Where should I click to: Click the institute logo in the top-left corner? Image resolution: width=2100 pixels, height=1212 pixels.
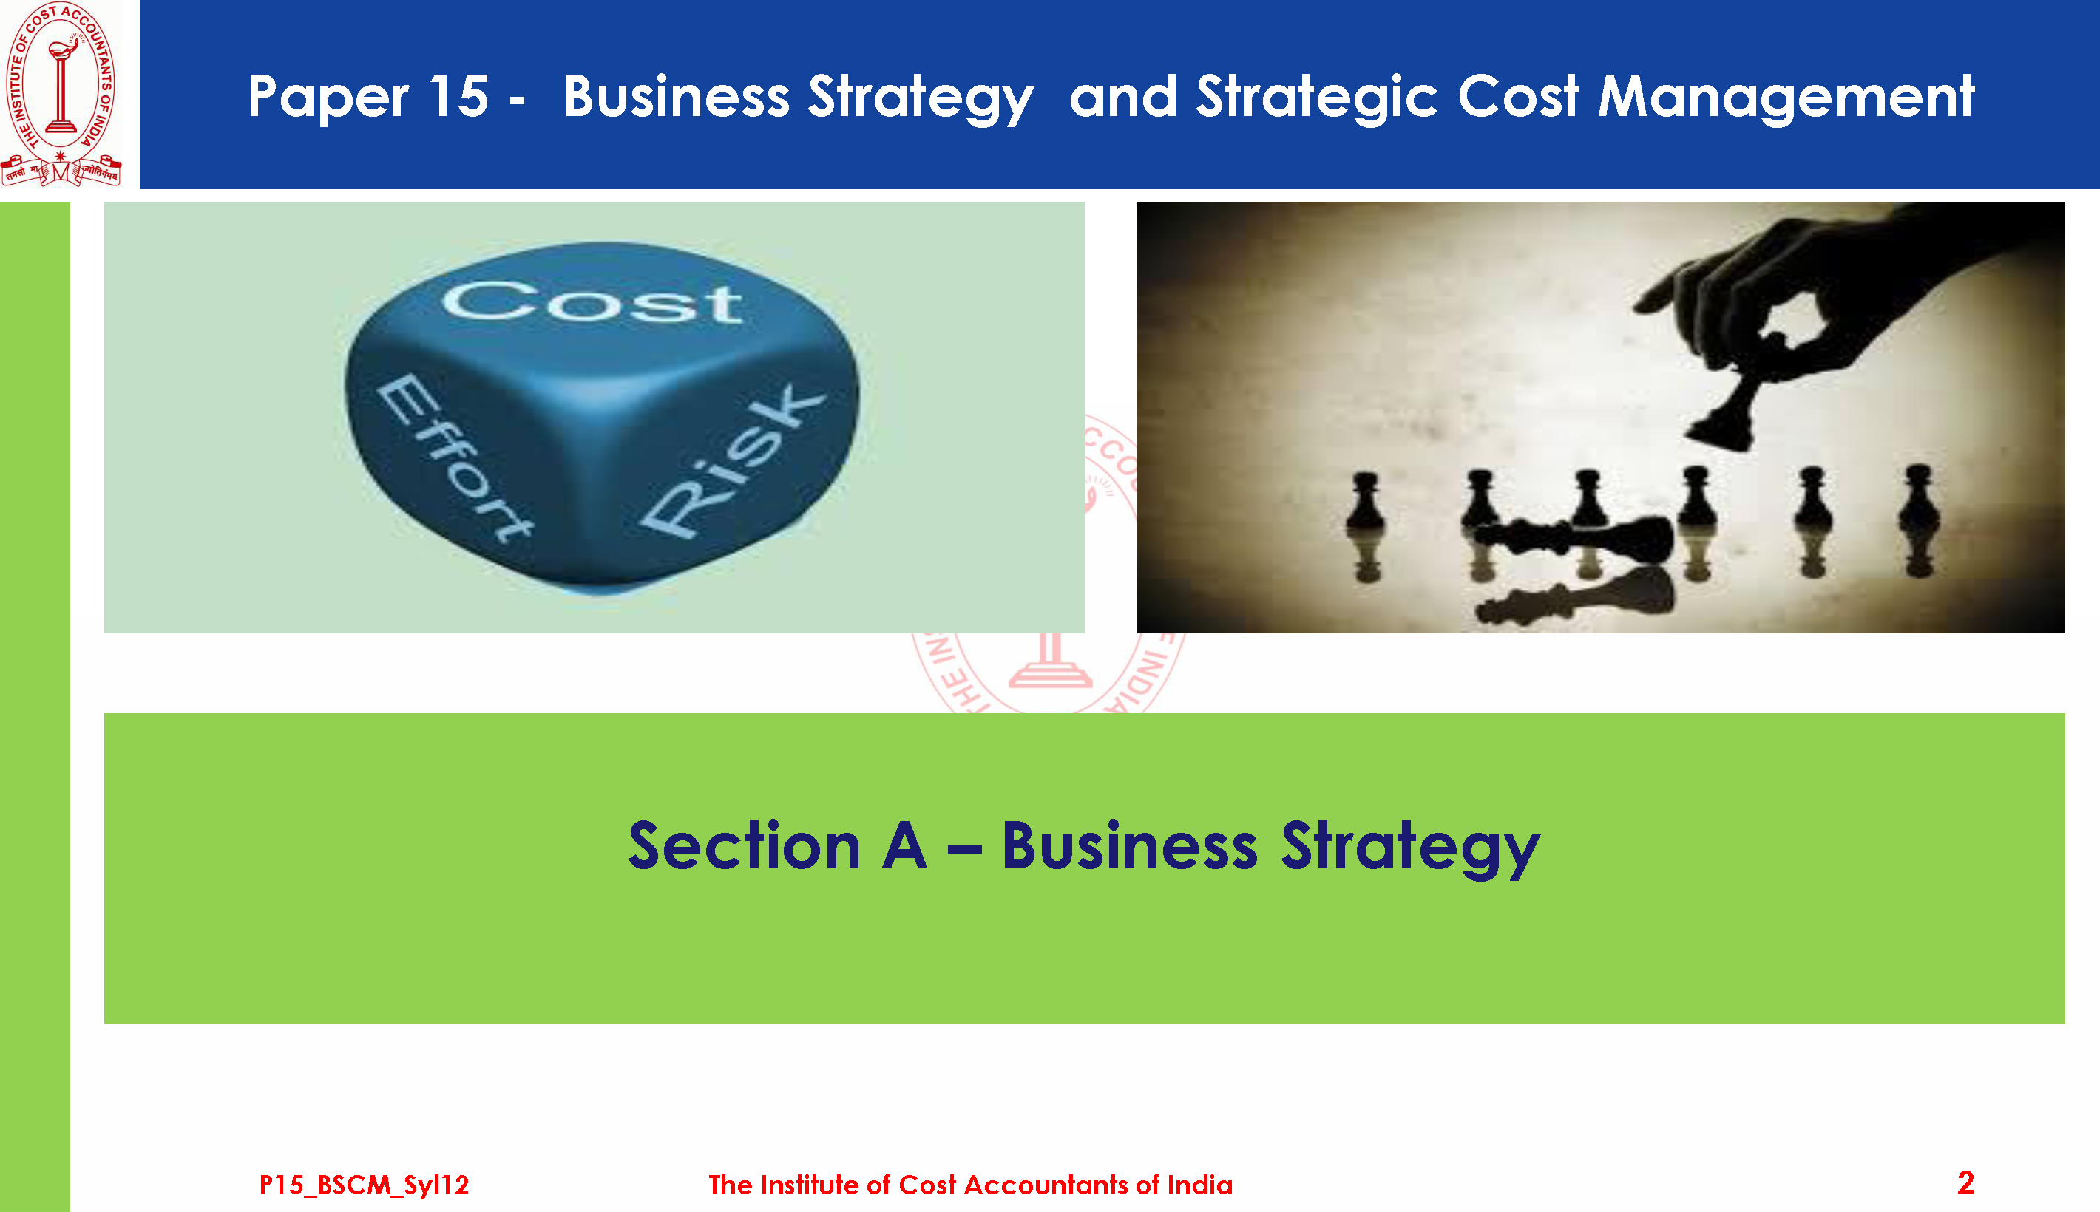tap(61, 93)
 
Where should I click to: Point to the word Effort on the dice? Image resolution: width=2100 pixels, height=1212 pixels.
tap(455, 458)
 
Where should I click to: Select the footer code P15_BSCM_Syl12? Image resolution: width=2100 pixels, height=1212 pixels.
tap(364, 1185)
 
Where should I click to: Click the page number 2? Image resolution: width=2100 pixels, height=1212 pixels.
tap(1965, 1183)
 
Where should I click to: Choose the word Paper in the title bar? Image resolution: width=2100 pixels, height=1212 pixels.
tap(328, 98)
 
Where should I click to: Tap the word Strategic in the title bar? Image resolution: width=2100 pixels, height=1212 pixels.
tap(1316, 98)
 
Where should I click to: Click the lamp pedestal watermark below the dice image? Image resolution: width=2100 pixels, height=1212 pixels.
tap(1050, 661)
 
